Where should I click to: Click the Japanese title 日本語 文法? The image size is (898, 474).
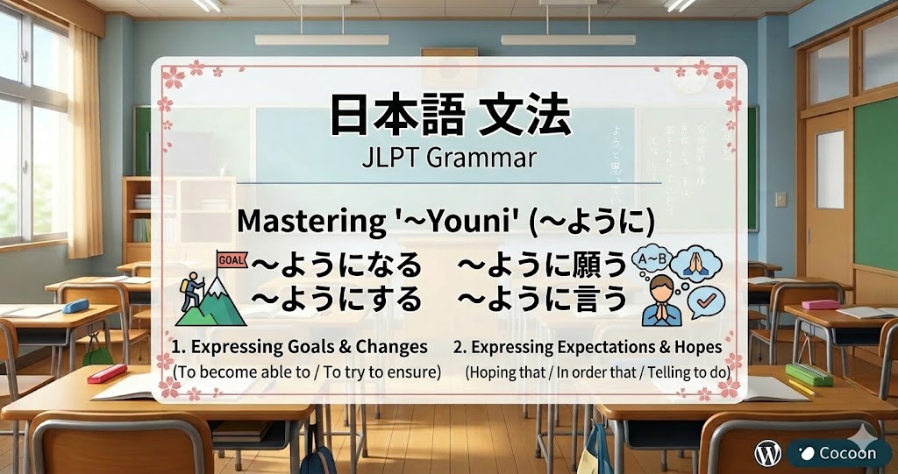(449, 117)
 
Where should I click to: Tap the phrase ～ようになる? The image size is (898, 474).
(336, 264)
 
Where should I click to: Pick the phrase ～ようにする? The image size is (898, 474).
(336, 301)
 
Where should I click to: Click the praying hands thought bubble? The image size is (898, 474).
(699, 262)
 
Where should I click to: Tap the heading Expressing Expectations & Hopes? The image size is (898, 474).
(588, 346)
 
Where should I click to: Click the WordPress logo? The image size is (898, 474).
(767, 453)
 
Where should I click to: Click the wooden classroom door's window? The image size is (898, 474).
(830, 170)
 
